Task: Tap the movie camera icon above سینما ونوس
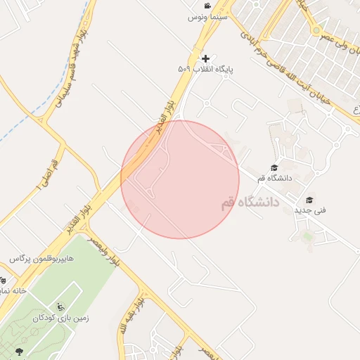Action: coord(207,6)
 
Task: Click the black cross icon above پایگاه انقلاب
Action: coord(205,58)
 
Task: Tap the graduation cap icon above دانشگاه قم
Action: coord(274,167)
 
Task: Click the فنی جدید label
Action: coord(310,210)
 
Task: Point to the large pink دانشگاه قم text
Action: coord(250,202)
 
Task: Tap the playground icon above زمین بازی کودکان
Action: coord(61,307)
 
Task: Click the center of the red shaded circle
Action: coord(180,179)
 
